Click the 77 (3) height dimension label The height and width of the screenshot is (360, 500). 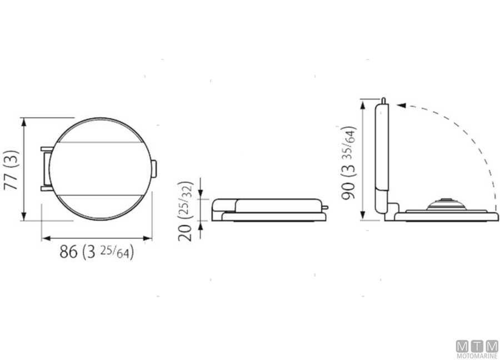[12, 170]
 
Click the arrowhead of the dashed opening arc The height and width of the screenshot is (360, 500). [401, 104]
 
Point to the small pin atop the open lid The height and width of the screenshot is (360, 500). [383, 99]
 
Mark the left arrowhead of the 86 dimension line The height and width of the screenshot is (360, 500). [45, 238]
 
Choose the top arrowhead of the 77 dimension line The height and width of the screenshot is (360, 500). [24, 122]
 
